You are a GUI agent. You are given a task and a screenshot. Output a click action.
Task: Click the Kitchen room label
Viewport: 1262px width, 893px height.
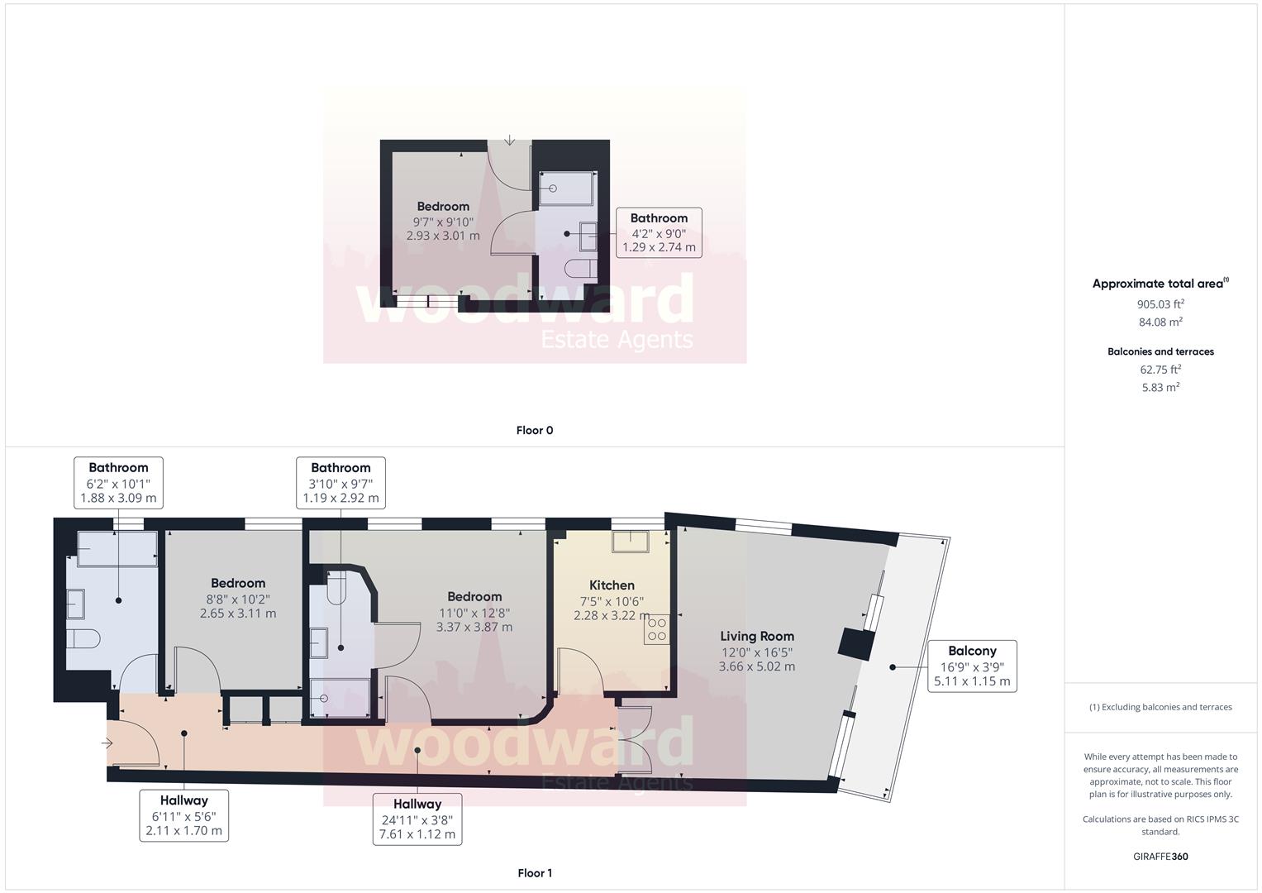(x=612, y=585)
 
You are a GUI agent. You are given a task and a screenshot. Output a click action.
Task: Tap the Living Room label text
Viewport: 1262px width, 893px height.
(x=756, y=637)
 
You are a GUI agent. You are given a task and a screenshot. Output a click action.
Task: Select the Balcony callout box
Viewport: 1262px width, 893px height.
(x=971, y=666)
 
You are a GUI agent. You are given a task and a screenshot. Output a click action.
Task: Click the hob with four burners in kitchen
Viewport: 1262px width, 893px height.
(x=657, y=628)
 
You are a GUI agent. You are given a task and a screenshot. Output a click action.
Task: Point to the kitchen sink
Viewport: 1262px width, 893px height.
(x=630, y=542)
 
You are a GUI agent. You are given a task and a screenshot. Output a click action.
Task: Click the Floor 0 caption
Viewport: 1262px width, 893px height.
(x=534, y=430)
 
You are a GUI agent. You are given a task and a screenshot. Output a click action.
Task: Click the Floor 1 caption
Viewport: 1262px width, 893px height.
(x=534, y=873)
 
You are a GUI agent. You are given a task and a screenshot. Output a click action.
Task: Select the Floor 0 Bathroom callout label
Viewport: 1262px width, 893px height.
(x=659, y=232)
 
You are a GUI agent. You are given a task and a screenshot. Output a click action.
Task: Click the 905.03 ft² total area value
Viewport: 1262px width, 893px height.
(x=1160, y=303)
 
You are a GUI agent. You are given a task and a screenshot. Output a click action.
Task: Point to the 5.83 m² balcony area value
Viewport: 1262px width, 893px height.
(x=1160, y=387)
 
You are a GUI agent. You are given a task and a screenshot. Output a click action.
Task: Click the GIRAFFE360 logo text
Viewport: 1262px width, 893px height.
(x=1160, y=857)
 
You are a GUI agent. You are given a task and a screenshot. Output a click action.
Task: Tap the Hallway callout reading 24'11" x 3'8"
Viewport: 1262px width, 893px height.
(x=417, y=819)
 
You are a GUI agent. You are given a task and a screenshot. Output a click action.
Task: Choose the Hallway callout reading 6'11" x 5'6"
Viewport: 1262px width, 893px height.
(x=183, y=815)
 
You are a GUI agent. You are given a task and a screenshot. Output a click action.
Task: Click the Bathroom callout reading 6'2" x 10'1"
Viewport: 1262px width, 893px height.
(x=118, y=483)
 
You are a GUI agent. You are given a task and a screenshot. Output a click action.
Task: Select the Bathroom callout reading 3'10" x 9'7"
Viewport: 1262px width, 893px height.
(x=341, y=483)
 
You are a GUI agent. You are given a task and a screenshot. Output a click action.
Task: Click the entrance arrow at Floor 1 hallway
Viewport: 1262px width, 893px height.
(x=107, y=743)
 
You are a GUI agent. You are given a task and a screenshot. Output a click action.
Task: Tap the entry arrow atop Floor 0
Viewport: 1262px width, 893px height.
(x=510, y=140)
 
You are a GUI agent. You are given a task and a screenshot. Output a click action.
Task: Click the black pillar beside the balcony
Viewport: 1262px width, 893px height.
(x=856, y=643)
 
